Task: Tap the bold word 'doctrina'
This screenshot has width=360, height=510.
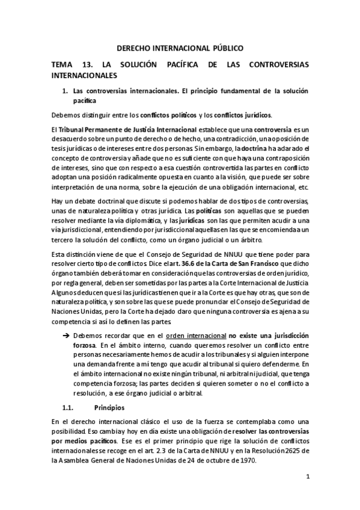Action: (x=260, y=140)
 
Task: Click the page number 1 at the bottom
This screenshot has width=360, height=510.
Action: (x=307, y=478)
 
